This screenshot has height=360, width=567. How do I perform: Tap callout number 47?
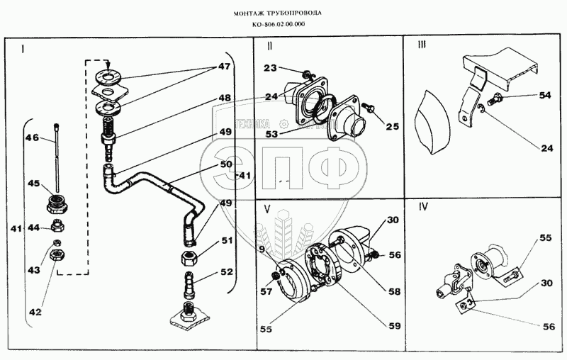point(224,67)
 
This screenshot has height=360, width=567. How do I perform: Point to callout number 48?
point(224,98)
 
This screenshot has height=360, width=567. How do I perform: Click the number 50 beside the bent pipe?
point(226,164)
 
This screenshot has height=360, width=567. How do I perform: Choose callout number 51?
point(226,241)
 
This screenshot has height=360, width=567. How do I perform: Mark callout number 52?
point(226,271)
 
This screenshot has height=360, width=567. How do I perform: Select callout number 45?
point(33,184)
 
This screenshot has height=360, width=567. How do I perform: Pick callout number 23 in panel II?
point(272,69)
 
